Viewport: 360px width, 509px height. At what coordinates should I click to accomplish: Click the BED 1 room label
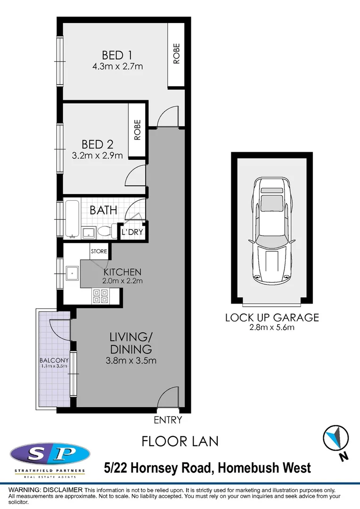click(x=117, y=54)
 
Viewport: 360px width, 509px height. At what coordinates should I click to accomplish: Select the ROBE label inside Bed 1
click(x=177, y=54)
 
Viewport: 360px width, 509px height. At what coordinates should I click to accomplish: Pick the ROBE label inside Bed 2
click(x=137, y=130)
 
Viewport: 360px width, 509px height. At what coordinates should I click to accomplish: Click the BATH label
click(x=104, y=210)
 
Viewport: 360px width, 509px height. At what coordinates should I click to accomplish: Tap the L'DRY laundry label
click(x=132, y=232)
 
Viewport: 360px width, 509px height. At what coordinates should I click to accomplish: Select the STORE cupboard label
click(x=99, y=251)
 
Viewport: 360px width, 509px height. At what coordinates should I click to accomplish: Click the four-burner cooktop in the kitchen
click(x=100, y=296)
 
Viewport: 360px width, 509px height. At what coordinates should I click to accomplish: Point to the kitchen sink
click(x=72, y=272)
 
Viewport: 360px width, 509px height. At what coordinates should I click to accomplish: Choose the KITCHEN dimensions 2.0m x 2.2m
click(x=123, y=281)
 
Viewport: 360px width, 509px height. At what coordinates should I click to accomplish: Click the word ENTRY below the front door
click(x=168, y=420)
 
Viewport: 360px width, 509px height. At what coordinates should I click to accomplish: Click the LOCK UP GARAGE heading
click(x=272, y=318)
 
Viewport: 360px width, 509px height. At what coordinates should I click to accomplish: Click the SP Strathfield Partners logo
click(x=50, y=456)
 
